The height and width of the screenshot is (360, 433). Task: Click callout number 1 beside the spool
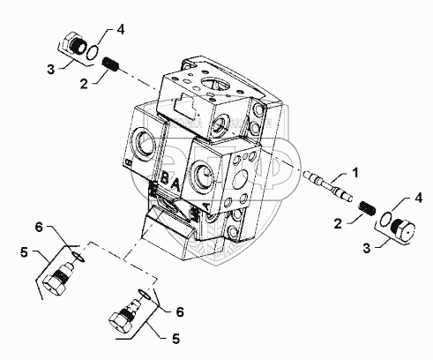pyautogui.click(x=355, y=173)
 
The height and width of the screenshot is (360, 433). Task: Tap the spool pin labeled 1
pyautogui.click(x=327, y=186)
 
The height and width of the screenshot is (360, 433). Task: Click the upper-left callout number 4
pyautogui.click(x=121, y=30)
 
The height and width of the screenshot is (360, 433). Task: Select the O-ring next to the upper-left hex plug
pyautogui.click(x=92, y=53)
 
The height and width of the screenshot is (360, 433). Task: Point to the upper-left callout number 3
pyautogui.click(x=51, y=70)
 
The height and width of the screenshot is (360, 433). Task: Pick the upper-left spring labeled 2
pyautogui.click(x=110, y=65)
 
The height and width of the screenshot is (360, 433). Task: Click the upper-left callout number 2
pyautogui.click(x=84, y=85)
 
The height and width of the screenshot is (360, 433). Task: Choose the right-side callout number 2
pyautogui.click(x=338, y=224)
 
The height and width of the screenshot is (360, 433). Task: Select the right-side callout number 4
pyautogui.click(x=418, y=198)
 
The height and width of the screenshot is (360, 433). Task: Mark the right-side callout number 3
pyautogui.click(x=367, y=249)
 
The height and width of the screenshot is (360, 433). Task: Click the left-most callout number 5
pyautogui.click(x=24, y=252)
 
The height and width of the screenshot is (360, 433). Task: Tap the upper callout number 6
pyautogui.click(x=39, y=228)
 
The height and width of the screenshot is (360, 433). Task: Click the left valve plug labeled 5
pyautogui.click(x=57, y=278)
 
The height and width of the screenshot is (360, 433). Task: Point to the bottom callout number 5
pyautogui.click(x=175, y=339)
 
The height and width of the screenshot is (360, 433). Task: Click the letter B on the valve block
pyautogui.click(x=166, y=178)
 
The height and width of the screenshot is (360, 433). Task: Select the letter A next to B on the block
pyautogui.click(x=175, y=184)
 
